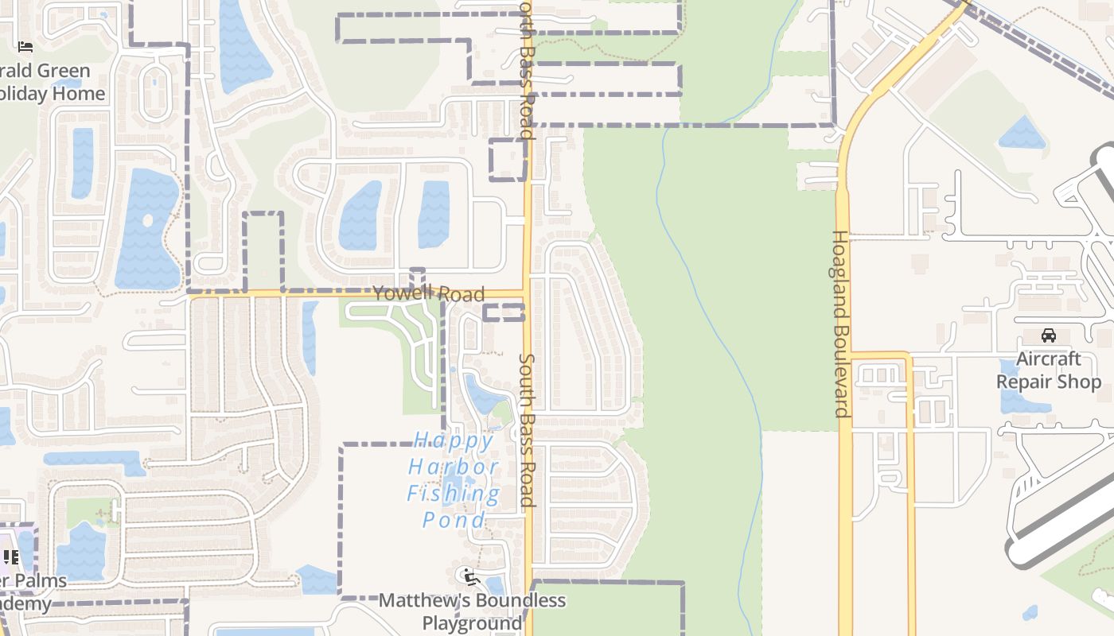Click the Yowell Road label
[428, 293]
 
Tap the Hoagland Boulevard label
[840, 324]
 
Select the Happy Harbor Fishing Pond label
[454, 479]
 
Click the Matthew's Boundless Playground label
[472, 611]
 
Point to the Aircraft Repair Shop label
[1049, 370]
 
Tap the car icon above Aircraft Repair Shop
[1049, 335]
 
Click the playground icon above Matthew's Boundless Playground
[470, 576]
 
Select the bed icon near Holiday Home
[25, 48]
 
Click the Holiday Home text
[53, 94]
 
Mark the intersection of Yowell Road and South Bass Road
[527, 293]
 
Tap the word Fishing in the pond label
[454, 494]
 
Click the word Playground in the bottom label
[472, 622]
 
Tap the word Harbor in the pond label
[454, 467]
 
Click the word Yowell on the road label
[403, 293]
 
